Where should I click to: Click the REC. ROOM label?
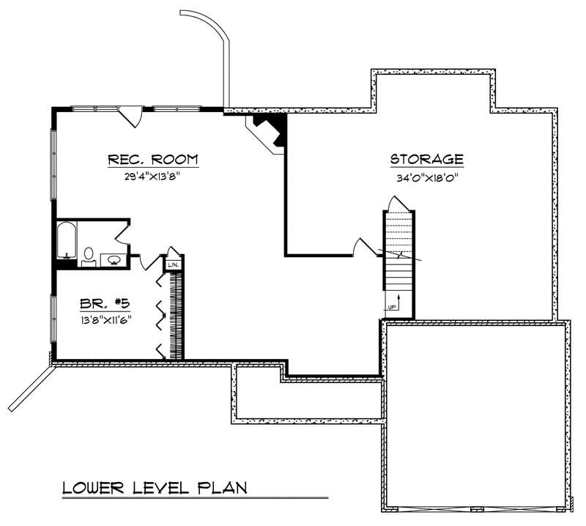(153, 160)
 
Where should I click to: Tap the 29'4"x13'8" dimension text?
(153, 177)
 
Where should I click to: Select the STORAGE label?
(426, 159)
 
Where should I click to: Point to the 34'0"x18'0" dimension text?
(426, 177)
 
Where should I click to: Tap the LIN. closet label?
(174, 264)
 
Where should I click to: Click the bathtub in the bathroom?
(67, 240)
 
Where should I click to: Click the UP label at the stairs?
(392, 307)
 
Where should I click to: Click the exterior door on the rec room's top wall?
(130, 115)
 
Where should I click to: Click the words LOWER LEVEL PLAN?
(154, 487)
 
